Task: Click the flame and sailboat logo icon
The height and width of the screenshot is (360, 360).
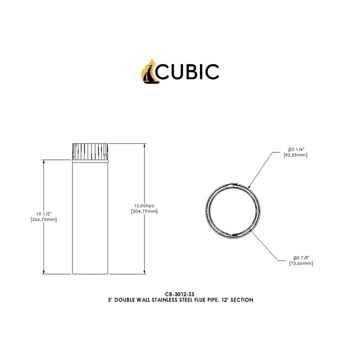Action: (149, 71)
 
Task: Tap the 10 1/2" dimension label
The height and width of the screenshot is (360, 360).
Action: (44, 214)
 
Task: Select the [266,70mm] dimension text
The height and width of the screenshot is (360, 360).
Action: (43, 219)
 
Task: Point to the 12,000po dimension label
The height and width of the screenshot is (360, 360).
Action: (144, 205)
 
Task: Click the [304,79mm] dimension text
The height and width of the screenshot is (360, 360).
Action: (144, 211)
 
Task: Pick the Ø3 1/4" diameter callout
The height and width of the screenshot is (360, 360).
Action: (296, 149)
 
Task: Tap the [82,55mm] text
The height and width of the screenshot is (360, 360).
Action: (295, 155)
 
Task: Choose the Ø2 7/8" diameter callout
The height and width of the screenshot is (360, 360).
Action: (301, 258)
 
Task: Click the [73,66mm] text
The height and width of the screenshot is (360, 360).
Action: (301, 263)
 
